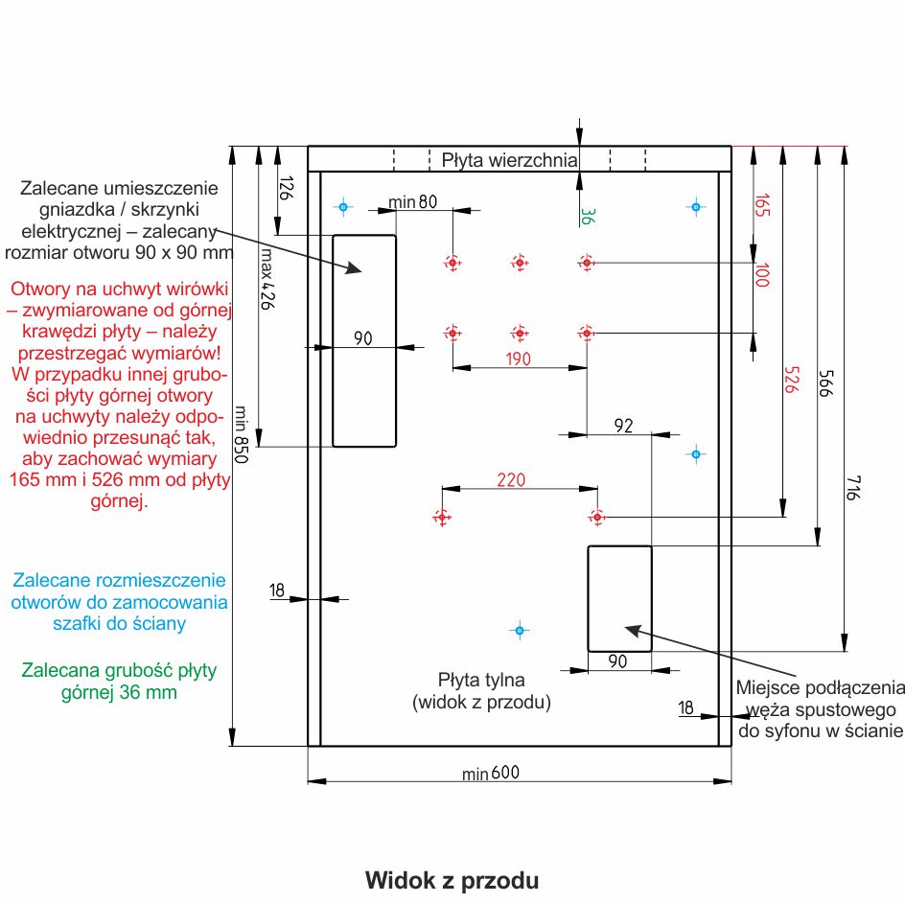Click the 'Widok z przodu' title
click(x=452, y=879)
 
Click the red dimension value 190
click(x=519, y=359)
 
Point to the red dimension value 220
click(x=511, y=480)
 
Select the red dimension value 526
click(x=792, y=382)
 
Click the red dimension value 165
click(x=762, y=206)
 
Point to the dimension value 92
click(x=623, y=426)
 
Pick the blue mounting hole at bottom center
click(x=519, y=630)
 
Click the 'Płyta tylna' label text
click(x=481, y=681)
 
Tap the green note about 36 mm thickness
click(x=120, y=681)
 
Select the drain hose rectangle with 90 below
click(x=619, y=597)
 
